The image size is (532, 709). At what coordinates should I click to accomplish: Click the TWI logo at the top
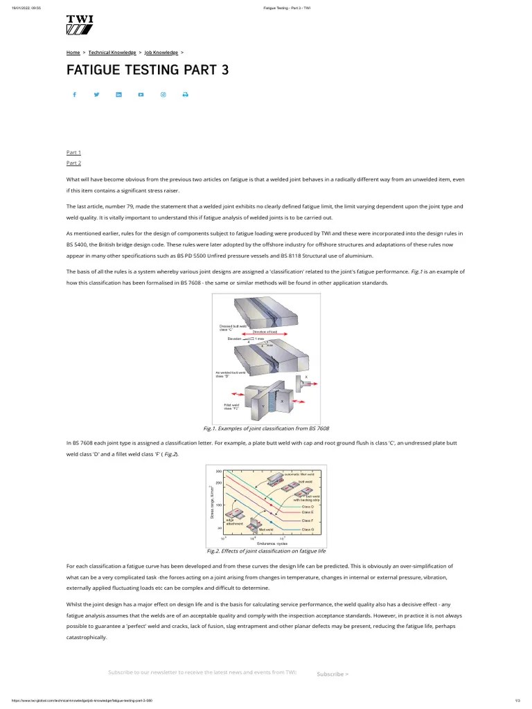pyautogui.click(x=80, y=25)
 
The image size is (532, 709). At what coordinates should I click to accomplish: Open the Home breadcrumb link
pyautogui.click(x=73, y=52)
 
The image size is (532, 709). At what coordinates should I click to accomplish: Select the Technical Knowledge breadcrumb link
pyautogui.click(x=112, y=52)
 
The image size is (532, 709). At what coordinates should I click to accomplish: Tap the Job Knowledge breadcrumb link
pyautogui.click(x=161, y=52)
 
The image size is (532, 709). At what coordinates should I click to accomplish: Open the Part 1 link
pyautogui.click(x=73, y=152)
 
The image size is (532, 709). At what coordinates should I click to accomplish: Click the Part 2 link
pyautogui.click(x=73, y=163)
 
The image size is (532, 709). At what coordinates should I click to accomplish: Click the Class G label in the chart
pyautogui.click(x=308, y=529)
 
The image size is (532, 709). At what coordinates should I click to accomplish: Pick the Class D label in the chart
pyautogui.click(x=308, y=507)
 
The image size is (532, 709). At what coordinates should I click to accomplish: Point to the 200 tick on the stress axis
pyautogui.click(x=218, y=483)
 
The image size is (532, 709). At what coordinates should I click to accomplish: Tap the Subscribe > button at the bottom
pyautogui.click(x=332, y=674)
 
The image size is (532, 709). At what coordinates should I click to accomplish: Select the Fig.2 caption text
pyautogui.click(x=266, y=551)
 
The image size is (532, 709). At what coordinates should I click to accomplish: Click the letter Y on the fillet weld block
pyautogui.click(x=263, y=406)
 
